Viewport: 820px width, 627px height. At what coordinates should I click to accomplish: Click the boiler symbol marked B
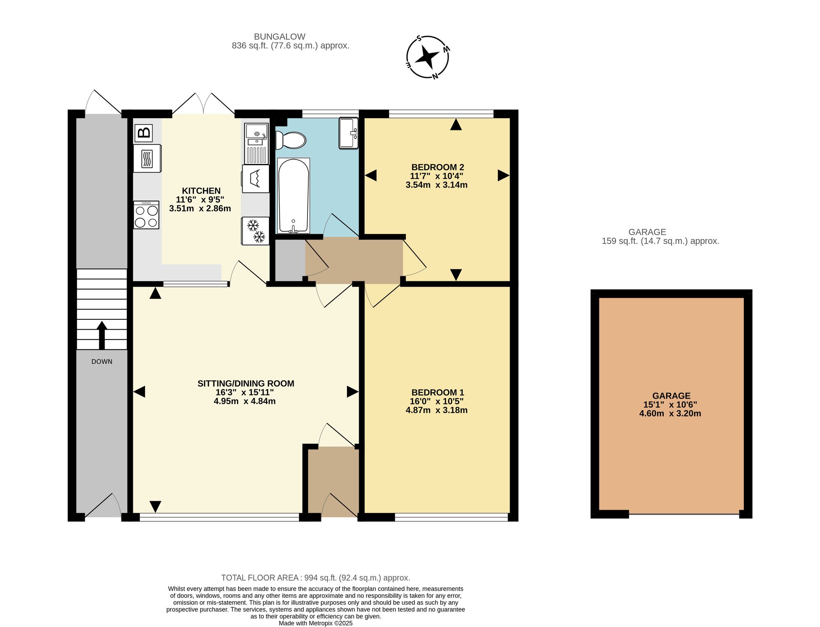coord(143,133)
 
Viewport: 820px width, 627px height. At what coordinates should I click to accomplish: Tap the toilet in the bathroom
coord(291,140)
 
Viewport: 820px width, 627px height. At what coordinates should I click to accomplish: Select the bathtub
coord(294,196)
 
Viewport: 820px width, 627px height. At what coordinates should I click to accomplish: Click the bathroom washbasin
coord(348,133)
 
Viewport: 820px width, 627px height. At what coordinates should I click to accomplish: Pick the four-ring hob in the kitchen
coord(146,215)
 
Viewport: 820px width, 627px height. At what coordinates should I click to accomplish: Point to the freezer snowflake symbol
coord(255,231)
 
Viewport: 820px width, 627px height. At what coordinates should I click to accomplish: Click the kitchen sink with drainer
coord(257,144)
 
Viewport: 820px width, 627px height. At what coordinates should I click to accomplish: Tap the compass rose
coord(428,57)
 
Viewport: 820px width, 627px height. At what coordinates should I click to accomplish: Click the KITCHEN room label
coord(201,191)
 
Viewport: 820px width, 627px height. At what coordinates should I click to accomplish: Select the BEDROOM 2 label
coord(437,167)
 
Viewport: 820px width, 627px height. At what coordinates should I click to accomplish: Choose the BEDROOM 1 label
coord(437,392)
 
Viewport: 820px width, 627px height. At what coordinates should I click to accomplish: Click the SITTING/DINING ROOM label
coord(246,383)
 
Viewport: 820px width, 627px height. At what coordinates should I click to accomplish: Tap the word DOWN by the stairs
coord(102,362)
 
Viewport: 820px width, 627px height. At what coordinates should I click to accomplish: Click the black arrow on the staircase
coord(102,335)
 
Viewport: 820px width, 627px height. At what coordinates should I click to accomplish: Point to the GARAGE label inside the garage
coord(671,396)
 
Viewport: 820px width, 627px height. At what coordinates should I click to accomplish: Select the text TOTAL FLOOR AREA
coord(260,578)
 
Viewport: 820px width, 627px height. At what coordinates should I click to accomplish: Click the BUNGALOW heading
coord(280,36)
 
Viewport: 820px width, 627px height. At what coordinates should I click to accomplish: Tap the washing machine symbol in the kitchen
coord(255,178)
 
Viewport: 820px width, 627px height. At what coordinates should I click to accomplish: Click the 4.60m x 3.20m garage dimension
coord(670,413)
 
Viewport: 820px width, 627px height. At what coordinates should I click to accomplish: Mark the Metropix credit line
coord(316,623)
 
